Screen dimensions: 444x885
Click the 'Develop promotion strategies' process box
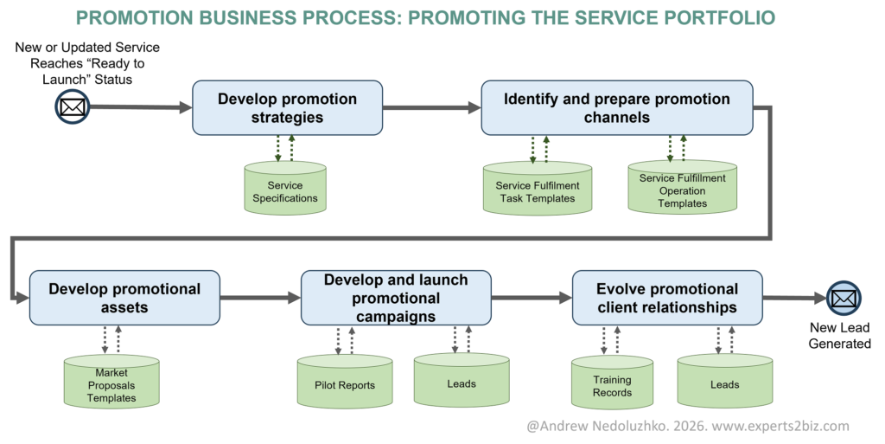click(x=287, y=108)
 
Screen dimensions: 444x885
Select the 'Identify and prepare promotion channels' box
click(x=616, y=108)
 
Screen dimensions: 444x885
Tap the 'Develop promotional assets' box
click(x=124, y=298)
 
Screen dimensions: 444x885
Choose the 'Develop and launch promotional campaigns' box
click(x=396, y=298)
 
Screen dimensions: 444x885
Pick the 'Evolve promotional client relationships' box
click(x=667, y=298)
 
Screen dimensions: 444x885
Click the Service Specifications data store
click(x=285, y=188)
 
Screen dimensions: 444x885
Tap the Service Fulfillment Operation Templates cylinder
click(x=682, y=188)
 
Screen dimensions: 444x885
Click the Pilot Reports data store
click(x=345, y=383)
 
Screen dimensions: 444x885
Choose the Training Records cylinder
click(x=612, y=383)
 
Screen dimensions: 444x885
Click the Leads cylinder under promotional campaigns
click(x=462, y=382)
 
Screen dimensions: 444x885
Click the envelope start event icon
click(x=71, y=107)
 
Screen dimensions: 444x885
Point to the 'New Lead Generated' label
click(x=839, y=336)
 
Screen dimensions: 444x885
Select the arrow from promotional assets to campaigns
click(x=260, y=298)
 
